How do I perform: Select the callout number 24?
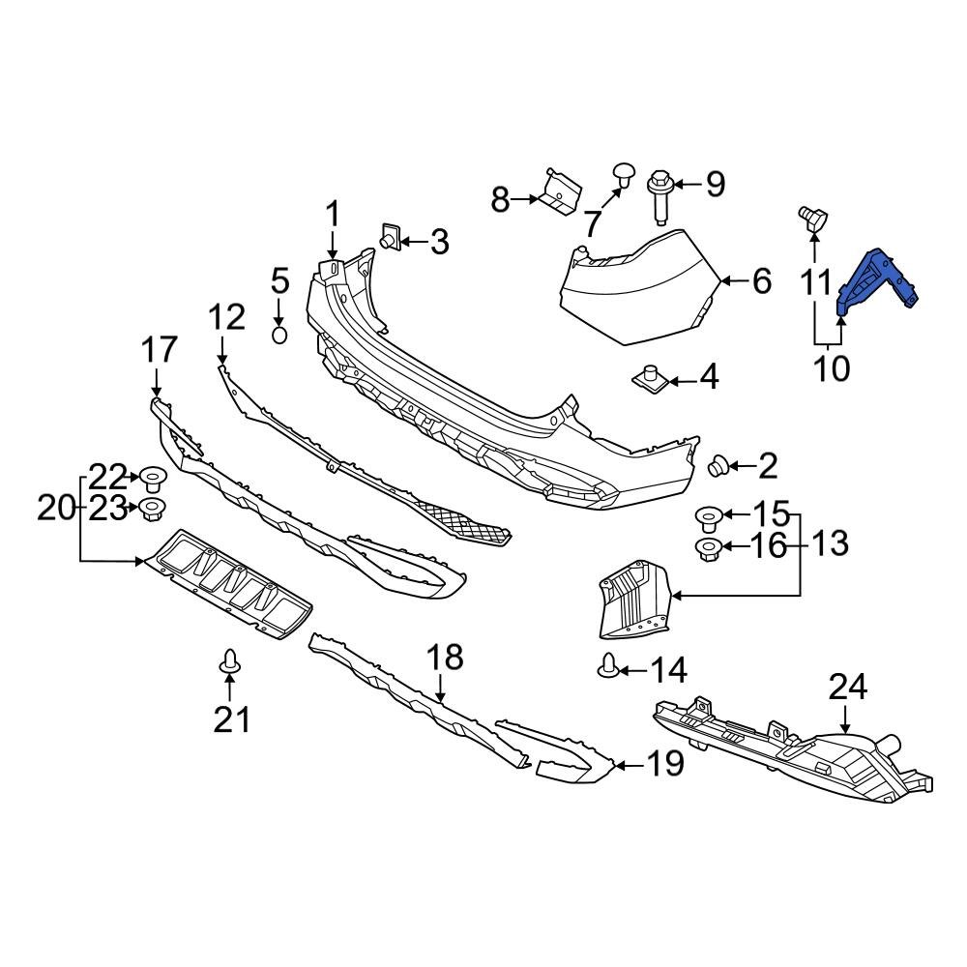pos(847,688)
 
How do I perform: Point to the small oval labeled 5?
pos(278,335)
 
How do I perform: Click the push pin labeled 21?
pos(229,662)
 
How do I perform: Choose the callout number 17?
pos(160,349)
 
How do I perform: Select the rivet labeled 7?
pos(622,176)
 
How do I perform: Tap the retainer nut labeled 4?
pos(651,375)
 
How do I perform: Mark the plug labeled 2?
pos(718,467)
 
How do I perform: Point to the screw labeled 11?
pos(810,219)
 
